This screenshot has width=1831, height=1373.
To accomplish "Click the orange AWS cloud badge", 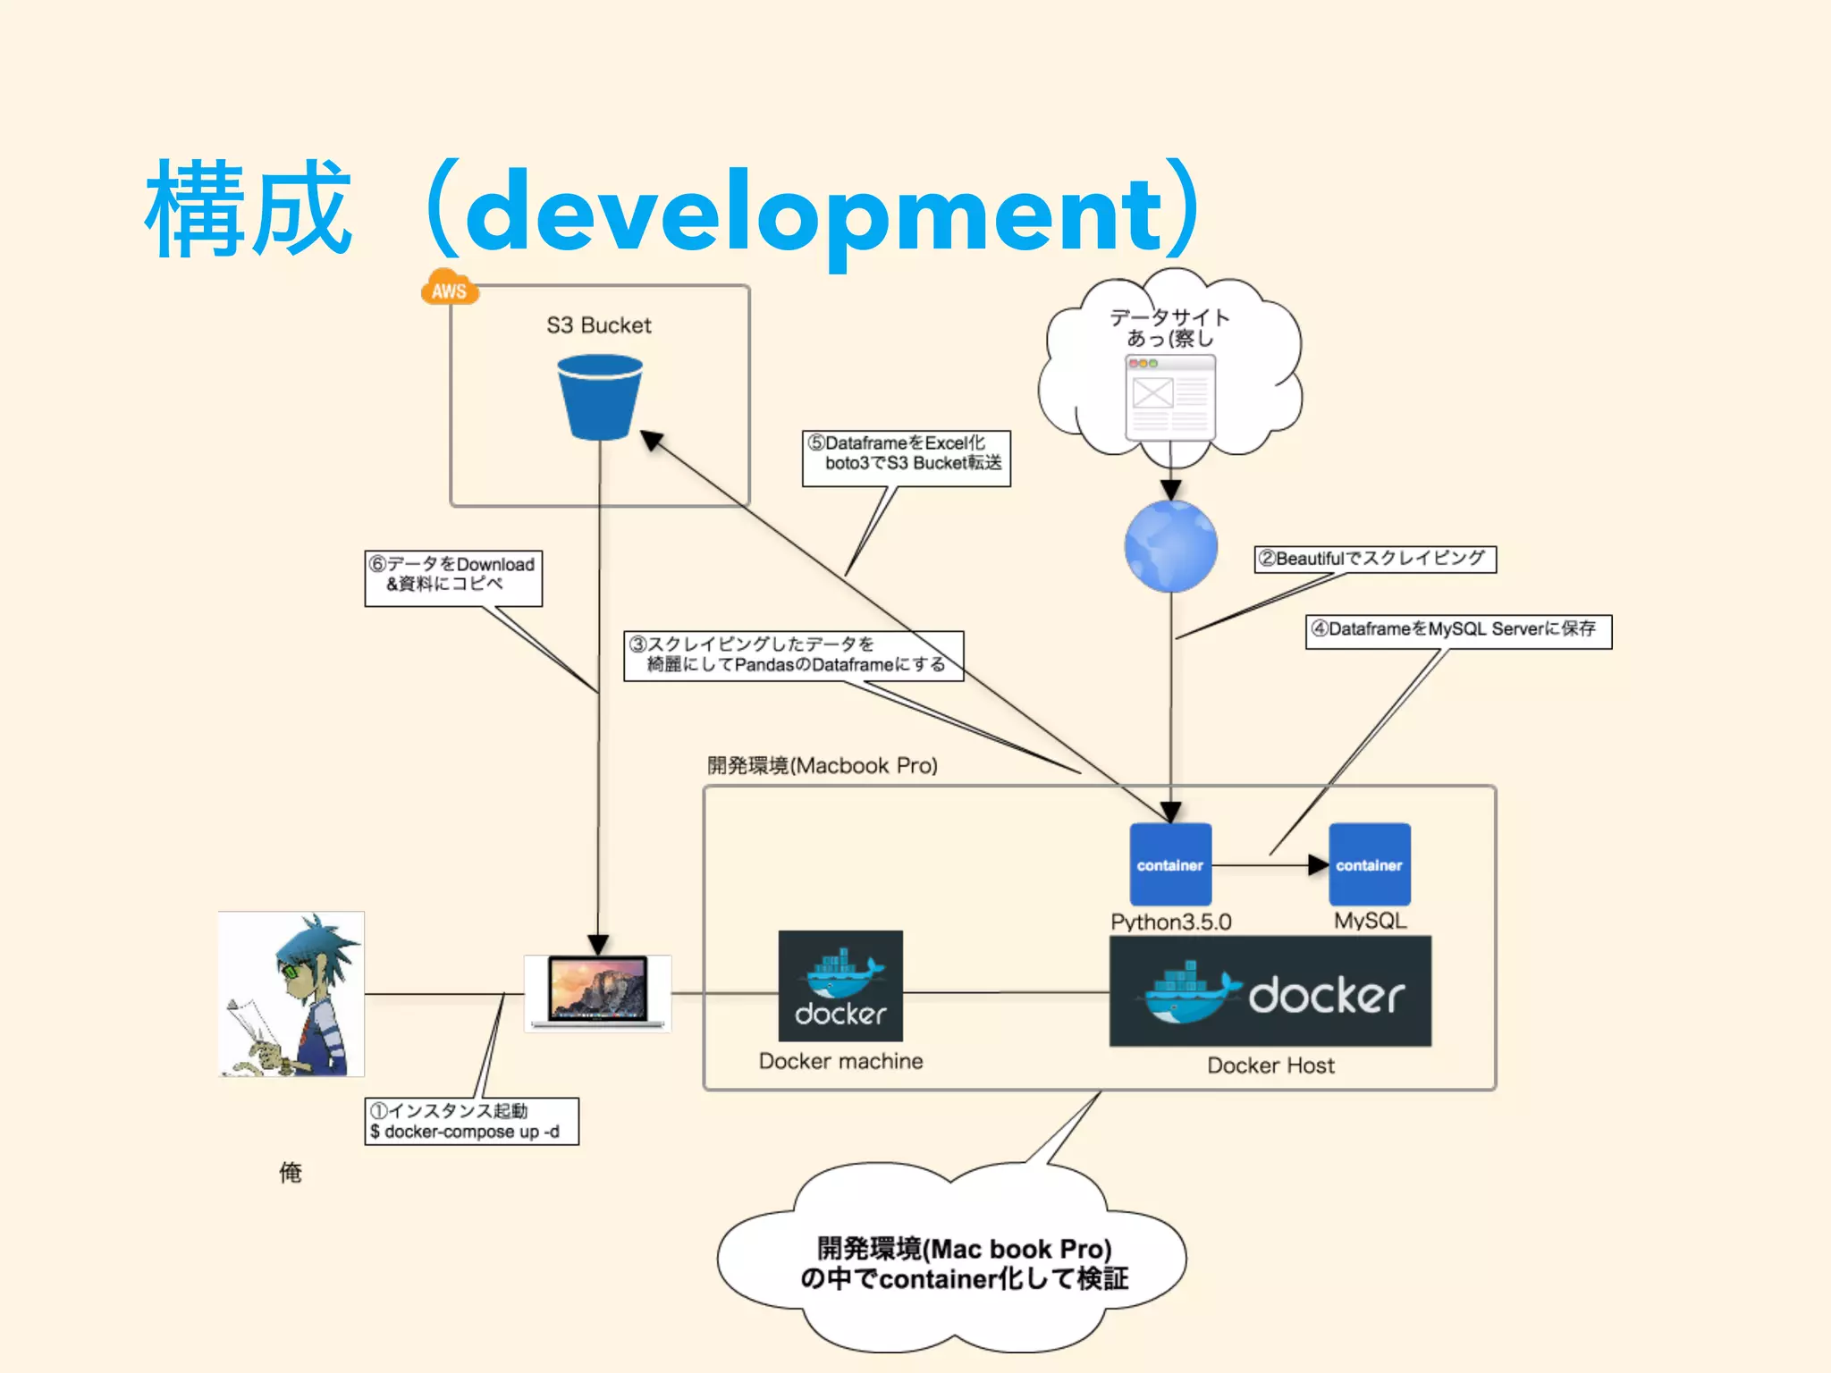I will [449, 288].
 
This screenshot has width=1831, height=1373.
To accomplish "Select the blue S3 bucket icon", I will [599, 397].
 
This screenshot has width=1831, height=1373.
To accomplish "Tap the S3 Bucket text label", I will [598, 325].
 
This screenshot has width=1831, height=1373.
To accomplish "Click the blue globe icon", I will [1170, 546].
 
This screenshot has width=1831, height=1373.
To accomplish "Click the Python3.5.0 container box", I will [1170, 864].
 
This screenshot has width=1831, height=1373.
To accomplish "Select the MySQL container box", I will [1369, 864].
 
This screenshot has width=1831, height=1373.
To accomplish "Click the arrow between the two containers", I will [1270, 864].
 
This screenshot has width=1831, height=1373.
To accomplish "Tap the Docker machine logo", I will [840, 986].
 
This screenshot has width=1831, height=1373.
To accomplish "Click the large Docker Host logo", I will [1270, 991].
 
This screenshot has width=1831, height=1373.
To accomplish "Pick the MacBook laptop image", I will [597, 991].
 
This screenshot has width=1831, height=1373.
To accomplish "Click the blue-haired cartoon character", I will [291, 993].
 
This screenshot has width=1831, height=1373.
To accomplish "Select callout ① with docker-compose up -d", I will [471, 1121].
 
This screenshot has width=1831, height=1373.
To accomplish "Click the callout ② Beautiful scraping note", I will [1374, 559].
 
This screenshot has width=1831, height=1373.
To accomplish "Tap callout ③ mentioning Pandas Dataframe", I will [793, 655].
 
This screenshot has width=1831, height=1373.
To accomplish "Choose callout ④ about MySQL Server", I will [1457, 630].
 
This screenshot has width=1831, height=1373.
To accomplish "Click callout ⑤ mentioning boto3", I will [906, 458].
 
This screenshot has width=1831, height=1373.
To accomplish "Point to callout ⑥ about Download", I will [453, 577].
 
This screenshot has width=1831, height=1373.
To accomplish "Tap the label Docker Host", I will [1270, 1066].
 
